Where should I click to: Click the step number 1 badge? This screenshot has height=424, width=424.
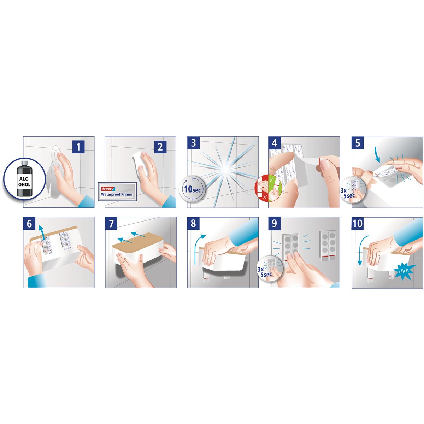click(x=78, y=147)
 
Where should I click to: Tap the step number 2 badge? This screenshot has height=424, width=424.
click(x=160, y=147)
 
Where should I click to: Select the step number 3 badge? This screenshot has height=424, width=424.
click(x=193, y=143)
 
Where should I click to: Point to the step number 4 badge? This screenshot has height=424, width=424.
click(x=275, y=143)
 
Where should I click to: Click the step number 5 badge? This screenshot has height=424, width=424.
click(x=358, y=143)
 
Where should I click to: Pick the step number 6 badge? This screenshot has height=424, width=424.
click(x=29, y=224)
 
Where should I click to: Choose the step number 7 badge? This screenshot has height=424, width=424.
click(x=111, y=224)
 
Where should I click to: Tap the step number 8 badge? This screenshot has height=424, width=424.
click(x=193, y=223)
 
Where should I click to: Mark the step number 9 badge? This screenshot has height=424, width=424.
click(x=275, y=223)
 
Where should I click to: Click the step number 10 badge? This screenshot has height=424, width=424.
click(x=358, y=224)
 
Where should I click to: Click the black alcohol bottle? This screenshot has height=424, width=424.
click(x=24, y=178)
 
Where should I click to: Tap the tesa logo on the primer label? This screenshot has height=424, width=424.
click(x=108, y=189)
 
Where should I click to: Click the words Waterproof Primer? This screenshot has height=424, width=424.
click(x=117, y=194)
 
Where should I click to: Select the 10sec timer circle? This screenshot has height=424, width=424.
click(x=192, y=188)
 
